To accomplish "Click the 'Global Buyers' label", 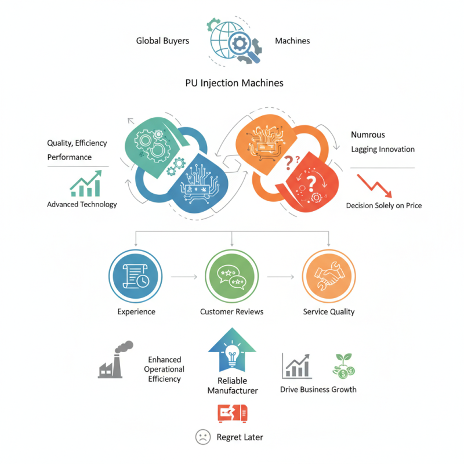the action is (x=162, y=41).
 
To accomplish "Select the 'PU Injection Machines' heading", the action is (x=234, y=83).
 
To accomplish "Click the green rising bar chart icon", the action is (x=86, y=183).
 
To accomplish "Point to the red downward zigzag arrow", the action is (x=375, y=186).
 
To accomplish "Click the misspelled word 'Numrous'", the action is (x=368, y=135).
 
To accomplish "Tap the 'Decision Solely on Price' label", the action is (x=384, y=205).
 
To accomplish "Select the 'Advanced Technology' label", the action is (x=82, y=205).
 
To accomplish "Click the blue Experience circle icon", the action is (x=136, y=276).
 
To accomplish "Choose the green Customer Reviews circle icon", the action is (x=232, y=276).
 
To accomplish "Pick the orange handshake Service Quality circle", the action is (x=329, y=276).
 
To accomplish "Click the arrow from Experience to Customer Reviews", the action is (x=184, y=277).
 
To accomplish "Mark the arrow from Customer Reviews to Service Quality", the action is (x=281, y=277).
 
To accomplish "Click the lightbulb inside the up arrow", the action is (x=233, y=355).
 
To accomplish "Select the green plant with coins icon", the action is (x=343, y=366).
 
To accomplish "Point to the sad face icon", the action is (x=203, y=437).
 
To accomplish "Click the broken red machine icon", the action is (x=233, y=413).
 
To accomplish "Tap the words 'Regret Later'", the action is (x=240, y=437).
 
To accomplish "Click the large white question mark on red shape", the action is (x=311, y=184).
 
